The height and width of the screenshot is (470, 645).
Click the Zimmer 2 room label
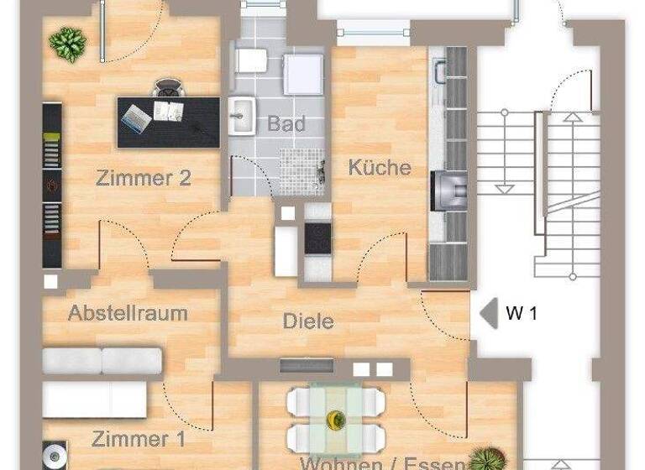[143, 178]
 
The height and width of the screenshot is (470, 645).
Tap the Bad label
[286, 124]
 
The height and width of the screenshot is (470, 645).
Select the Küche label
[380, 167]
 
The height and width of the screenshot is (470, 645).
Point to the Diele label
[308, 321]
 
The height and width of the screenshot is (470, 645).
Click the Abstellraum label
[128, 314]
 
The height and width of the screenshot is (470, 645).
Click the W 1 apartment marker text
[521, 315]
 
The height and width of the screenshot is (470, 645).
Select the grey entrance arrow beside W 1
[487, 315]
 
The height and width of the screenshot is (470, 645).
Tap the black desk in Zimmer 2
[168, 123]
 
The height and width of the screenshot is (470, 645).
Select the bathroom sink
[242, 116]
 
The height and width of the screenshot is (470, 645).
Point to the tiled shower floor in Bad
[301, 172]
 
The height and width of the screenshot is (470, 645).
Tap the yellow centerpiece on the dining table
[336, 418]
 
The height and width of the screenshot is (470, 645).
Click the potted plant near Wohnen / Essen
[485, 457]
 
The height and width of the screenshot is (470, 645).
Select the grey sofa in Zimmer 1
[102, 361]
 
